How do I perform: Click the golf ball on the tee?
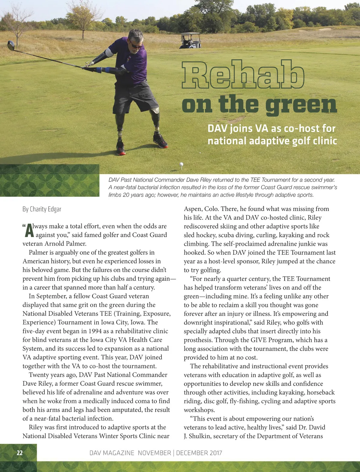pos(181,164)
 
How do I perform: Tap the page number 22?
pos(19,453)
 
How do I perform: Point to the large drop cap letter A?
pos(29,231)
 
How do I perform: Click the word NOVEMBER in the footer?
pos(154,453)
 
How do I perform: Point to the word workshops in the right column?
pos(199,410)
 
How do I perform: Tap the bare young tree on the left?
pos(16,24)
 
